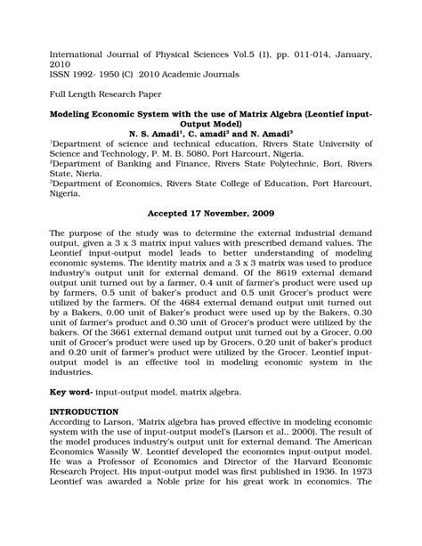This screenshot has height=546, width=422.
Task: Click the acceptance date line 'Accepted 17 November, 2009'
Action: tap(210, 215)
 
